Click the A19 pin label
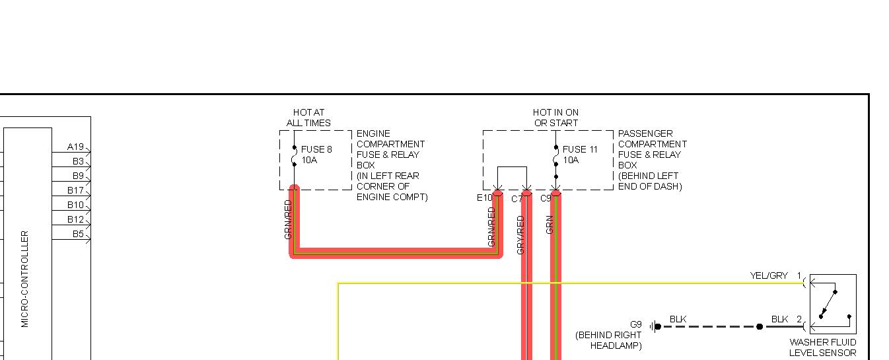(x=75, y=147)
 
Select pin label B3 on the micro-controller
(x=78, y=161)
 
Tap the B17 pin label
(x=75, y=190)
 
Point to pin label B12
(x=75, y=219)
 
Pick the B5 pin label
(x=78, y=234)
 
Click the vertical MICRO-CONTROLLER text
(x=25, y=279)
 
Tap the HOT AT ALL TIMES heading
(x=308, y=118)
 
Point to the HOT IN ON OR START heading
(x=555, y=118)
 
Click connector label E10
(x=484, y=198)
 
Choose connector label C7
(x=516, y=199)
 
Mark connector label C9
(x=546, y=198)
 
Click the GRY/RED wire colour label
(x=520, y=234)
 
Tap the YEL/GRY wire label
(x=769, y=275)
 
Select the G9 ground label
(x=635, y=324)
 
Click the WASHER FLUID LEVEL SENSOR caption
(x=822, y=347)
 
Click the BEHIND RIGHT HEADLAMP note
(x=608, y=340)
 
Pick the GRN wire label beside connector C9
(x=550, y=225)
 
